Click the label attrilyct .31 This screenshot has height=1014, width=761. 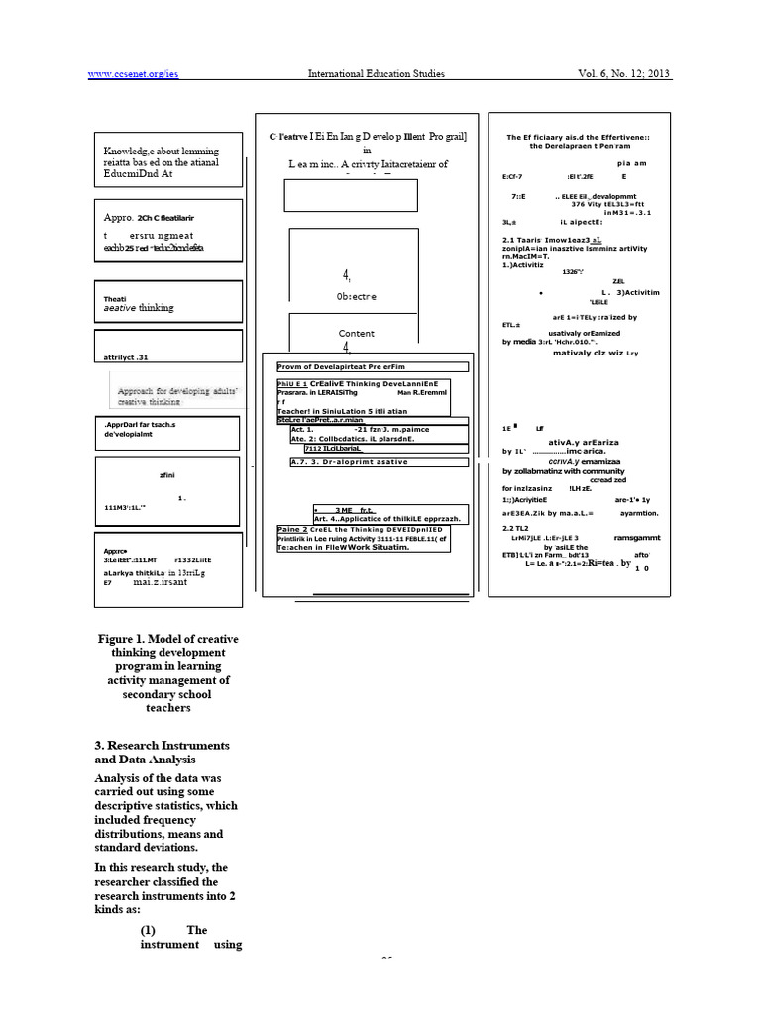[x=125, y=355]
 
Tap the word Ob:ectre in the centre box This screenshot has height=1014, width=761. [x=356, y=296]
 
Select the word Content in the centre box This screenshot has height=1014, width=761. [x=357, y=334]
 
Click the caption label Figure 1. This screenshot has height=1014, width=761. [x=130, y=639]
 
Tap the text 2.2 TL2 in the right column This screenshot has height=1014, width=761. [x=516, y=528]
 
